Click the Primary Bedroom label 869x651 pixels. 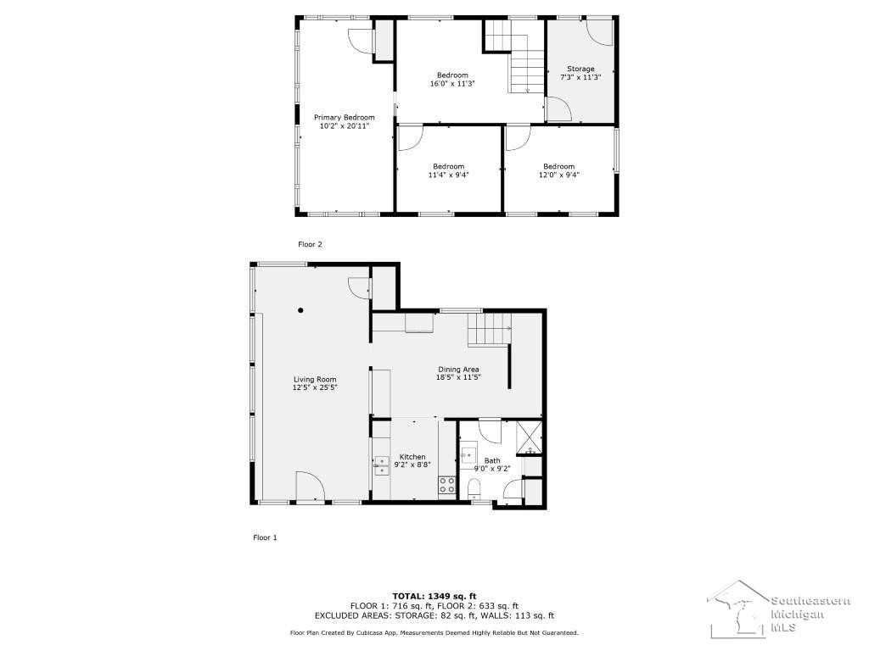pyautogui.click(x=345, y=117)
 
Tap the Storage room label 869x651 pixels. pyautogui.click(x=580, y=70)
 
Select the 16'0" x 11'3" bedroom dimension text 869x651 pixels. pyautogui.click(x=452, y=84)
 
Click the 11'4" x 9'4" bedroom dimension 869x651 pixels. pyautogui.click(x=448, y=175)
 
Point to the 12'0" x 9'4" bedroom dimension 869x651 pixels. pyautogui.click(x=558, y=175)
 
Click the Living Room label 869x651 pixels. pyautogui.click(x=315, y=379)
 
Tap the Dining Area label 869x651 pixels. pyautogui.click(x=458, y=370)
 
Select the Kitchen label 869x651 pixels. pyautogui.click(x=413, y=457)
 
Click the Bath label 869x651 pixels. pyautogui.click(x=492, y=460)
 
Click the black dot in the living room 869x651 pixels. pyautogui.click(x=300, y=310)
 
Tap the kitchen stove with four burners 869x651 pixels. pyautogui.click(x=446, y=485)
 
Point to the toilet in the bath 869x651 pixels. pyautogui.click(x=474, y=489)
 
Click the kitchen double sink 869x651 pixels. pyautogui.click(x=381, y=466)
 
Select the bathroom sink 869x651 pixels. pyautogui.click(x=468, y=454)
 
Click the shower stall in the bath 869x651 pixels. pyautogui.click(x=530, y=437)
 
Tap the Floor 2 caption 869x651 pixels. pyautogui.click(x=310, y=244)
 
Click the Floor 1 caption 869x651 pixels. pyautogui.click(x=265, y=537)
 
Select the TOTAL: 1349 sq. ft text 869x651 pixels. pyautogui.click(x=434, y=596)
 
